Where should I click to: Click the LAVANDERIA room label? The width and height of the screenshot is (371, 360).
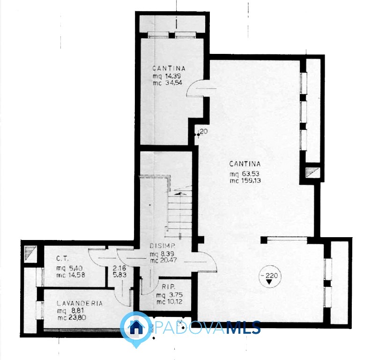coord(80,303)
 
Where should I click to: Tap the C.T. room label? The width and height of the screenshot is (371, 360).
coord(62,259)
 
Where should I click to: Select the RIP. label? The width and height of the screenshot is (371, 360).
coord(169,287)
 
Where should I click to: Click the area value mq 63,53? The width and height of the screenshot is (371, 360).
coord(245,174)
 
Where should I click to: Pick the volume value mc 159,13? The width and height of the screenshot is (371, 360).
coord(245,180)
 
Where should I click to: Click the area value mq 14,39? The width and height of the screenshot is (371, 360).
coord(167,76)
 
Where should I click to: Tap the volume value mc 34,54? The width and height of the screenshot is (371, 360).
coord(167,82)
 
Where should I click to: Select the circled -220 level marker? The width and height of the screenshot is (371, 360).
coord(269,277)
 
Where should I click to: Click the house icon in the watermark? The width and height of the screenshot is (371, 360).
coord(136,327)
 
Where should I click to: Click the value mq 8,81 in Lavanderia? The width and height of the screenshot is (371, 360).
coord(71,310)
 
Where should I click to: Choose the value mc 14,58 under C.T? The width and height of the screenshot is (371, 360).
coord(71,275)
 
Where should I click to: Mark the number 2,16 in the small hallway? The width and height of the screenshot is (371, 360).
coord(119,268)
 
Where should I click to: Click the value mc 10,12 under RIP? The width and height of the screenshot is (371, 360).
coord(169,302)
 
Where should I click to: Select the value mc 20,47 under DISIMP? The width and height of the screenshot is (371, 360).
coord(163,260)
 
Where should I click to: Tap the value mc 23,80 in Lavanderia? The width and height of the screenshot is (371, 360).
coord(72,317)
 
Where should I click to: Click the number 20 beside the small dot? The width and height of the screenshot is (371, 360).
coord(204,131)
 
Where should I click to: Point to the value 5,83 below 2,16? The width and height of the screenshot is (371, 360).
coord(119,275)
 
